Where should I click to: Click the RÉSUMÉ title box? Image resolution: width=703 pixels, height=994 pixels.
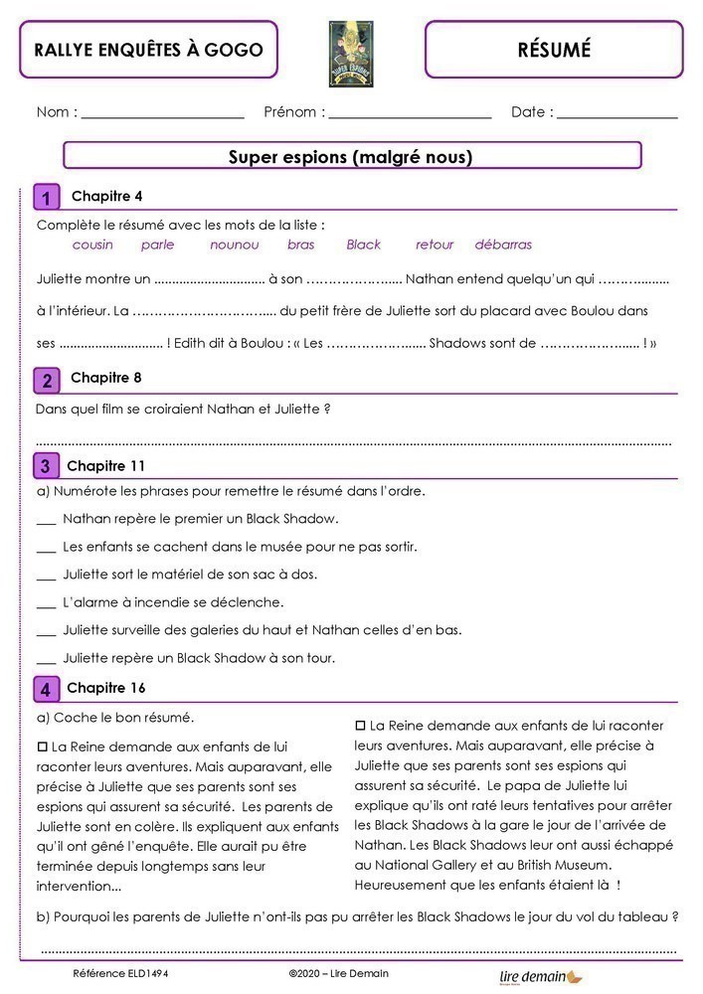(x=554, y=50)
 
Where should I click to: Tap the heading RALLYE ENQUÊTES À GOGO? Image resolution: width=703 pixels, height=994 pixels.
(x=148, y=50)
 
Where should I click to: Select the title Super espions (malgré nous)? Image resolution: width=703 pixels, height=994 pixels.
(x=351, y=156)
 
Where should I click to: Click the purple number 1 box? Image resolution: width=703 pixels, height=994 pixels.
(x=46, y=197)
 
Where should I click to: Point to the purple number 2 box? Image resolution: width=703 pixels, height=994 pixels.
(x=46, y=381)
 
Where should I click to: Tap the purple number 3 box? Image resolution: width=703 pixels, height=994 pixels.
(x=46, y=466)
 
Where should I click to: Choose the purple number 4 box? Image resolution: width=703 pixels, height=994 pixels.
(x=46, y=689)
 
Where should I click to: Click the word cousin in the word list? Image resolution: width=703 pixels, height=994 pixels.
(x=92, y=245)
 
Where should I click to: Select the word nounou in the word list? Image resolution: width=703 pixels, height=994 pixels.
(x=234, y=245)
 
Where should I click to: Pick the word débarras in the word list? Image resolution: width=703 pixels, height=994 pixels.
(x=503, y=245)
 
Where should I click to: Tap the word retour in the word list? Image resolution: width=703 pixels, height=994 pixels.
(x=435, y=245)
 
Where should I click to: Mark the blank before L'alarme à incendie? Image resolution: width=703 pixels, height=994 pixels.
(x=46, y=604)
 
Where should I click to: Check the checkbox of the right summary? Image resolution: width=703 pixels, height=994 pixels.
(x=361, y=726)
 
